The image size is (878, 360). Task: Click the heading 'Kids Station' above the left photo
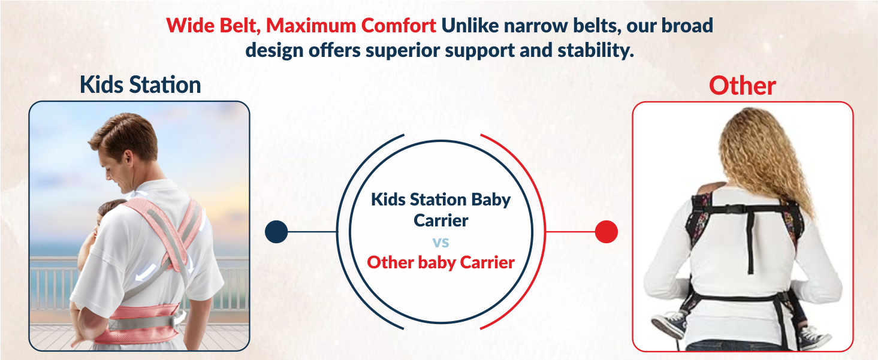pyautogui.click(x=140, y=85)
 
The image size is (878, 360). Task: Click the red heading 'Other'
pyautogui.click(x=742, y=86)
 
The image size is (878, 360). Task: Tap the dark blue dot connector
pyautogui.click(x=276, y=232)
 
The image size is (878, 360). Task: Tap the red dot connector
pyautogui.click(x=606, y=232)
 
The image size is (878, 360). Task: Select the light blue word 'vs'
pyautogui.click(x=440, y=242)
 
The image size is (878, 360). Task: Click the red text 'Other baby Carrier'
pyautogui.click(x=440, y=262)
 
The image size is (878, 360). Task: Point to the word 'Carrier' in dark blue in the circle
pyautogui.click(x=440, y=220)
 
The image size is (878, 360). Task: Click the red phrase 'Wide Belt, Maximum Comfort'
pyautogui.click(x=301, y=26)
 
